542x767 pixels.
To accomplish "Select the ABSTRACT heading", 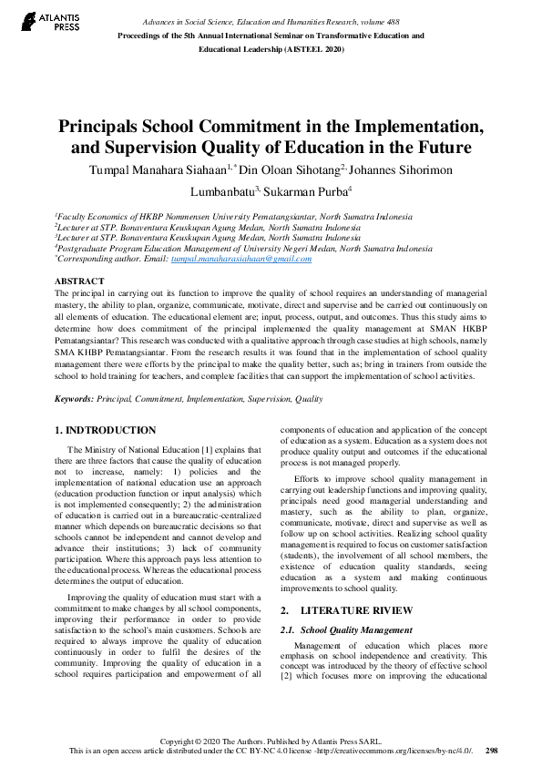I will (79, 281).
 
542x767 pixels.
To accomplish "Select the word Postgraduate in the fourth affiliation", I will (89, 247).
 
